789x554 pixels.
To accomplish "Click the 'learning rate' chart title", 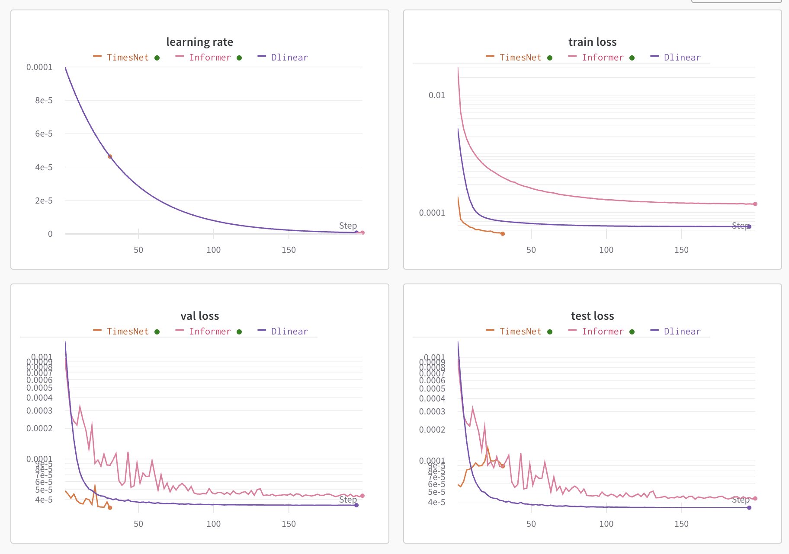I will click(199, 42).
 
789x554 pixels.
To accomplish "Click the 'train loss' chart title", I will click(592, 42).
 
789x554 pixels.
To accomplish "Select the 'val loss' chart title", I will click(199, 316).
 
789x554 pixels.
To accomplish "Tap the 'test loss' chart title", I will click(592, 316).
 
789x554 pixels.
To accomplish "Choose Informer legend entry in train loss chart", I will click(603, 57).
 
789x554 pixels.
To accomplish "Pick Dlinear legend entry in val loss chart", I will click(289, 331).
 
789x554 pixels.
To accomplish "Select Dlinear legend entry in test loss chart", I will click(682, 331).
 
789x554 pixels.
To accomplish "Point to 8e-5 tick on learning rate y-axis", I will click(44, 100).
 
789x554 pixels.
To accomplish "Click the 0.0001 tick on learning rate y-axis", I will click(39, 67).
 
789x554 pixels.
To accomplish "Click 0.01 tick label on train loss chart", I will click(436, 95).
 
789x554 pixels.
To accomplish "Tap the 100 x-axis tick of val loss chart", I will click(213, 524).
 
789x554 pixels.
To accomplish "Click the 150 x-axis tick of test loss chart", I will click(681, 524).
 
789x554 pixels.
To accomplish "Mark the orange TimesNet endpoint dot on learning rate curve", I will click(110, 156).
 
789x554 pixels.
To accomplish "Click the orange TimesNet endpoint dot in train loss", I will click(503, 234).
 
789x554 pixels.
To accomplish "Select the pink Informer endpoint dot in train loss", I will click(755, 204).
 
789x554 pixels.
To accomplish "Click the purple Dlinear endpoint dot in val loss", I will click(356, 505).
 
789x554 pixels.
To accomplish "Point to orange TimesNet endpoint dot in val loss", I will click(110, 508).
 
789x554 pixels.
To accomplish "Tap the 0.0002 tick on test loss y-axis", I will click(432, 430).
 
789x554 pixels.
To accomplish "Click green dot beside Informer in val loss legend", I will click(239, 332).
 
